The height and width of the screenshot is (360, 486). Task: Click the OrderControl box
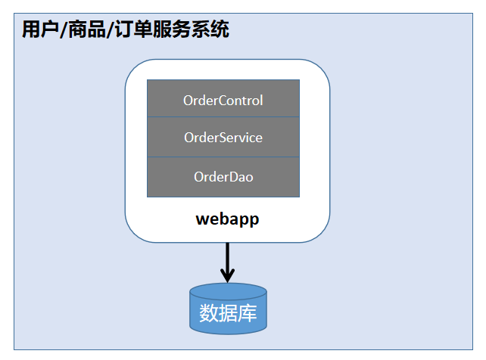pos(223,98)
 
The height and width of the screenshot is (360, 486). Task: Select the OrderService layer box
pos(223,137)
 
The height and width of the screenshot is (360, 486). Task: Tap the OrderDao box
pos(223,177)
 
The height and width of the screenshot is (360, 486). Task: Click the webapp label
pos(227,219)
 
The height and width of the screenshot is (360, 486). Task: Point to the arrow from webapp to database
pos(228,262)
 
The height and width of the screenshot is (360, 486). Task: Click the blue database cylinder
pos(228,309)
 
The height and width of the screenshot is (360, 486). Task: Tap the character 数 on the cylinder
pos(209,313)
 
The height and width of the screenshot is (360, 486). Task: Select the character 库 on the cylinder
pos(248,313)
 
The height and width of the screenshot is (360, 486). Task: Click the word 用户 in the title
pos(41,29)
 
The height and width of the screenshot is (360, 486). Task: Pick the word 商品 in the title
pos(87,29)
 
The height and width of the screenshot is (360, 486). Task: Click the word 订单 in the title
pos(133,29)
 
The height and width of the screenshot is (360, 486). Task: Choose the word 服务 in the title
pos(172,29)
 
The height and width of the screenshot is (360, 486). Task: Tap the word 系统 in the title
pos(210,29)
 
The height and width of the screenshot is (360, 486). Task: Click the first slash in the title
pos(64,30)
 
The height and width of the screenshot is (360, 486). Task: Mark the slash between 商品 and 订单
pos(111,30)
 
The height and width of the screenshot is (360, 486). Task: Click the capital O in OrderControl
pos(188,101)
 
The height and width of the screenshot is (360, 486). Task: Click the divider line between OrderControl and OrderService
pos(223,117)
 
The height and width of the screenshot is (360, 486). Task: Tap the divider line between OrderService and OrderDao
pos(223,157)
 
